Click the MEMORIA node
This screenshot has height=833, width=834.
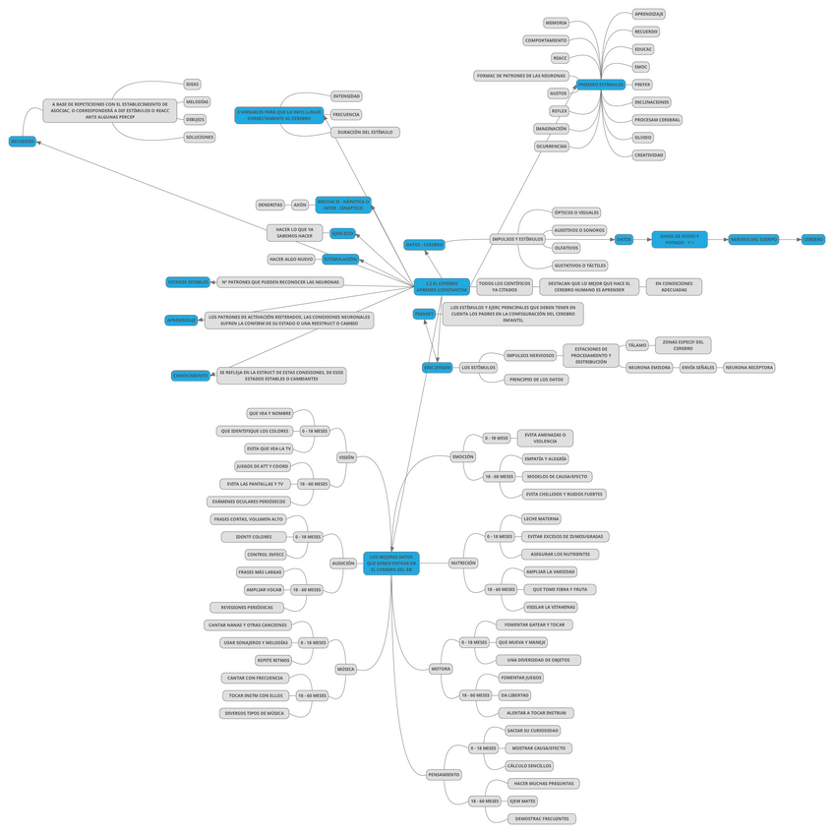(x=556, y=23)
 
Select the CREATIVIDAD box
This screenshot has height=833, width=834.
(x=648, y=154)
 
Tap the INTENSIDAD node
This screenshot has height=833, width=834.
(x=346, y=96)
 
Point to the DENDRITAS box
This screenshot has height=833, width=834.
(x=270, y=205)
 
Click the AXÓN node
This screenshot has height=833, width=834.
(x=300, y=205)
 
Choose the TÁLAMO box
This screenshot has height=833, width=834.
(x=637, y=345)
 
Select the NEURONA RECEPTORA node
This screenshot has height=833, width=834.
(x=749, y=367)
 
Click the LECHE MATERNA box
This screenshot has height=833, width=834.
(x=542, y=518)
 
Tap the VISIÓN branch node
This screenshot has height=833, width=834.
(x=346, y=457)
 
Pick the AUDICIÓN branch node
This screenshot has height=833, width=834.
(x=343, y=564)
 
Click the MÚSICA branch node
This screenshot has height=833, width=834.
(x=345, y=669)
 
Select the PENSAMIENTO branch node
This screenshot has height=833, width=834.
(x=444, y=774)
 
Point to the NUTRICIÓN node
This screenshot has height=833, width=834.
(x=463, y=564)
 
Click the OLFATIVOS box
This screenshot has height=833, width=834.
(x=566, y=248)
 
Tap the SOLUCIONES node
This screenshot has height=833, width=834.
(x=199, y=137)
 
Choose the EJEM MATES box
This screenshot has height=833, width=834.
(x=522, y=801)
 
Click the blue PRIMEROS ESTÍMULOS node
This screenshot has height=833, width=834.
(x=600, y=85)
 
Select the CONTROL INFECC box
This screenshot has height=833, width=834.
(x=266, y=554)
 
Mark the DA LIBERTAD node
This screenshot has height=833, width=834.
(x=514, y=695)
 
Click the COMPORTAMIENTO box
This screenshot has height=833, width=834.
(x=546, y=40)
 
